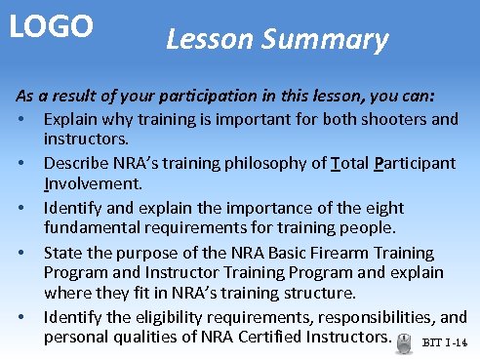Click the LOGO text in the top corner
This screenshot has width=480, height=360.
[x=52, y=26]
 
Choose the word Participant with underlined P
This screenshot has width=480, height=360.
[x=415, y=162]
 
